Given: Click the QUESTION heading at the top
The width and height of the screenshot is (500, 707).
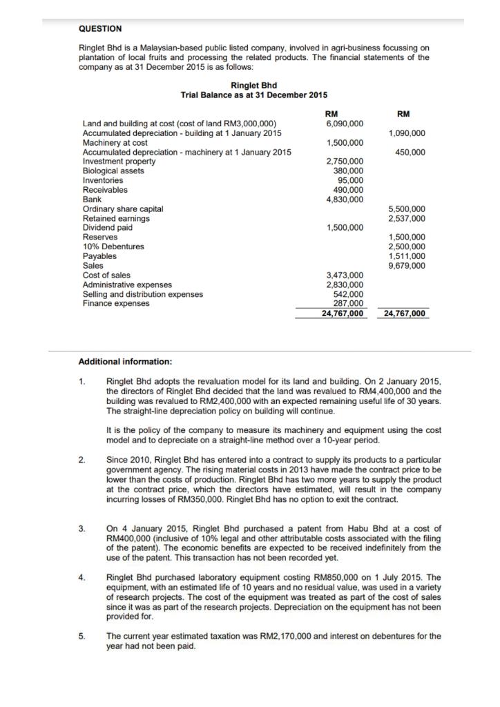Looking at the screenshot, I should click(x=100, y=28).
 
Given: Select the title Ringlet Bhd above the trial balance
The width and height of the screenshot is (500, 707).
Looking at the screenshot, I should click(x=253, y=85).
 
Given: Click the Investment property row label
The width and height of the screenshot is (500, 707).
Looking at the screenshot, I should click(x=119, y=162).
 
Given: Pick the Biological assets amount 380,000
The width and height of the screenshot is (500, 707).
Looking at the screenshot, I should click(x=349, y=171).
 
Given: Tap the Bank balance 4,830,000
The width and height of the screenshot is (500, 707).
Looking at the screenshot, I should click(x=345, y=200).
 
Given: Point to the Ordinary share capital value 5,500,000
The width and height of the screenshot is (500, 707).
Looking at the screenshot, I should click(x=407, y=209).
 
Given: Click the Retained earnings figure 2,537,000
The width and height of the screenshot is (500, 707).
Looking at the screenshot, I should click(x=407, y=218).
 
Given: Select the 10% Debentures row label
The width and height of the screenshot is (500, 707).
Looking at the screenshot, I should click(x=113, y=246).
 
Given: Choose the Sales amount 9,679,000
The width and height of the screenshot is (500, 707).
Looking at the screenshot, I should click(x=407, y=265).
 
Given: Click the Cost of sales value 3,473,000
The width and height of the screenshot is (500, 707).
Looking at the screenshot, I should click(x=345, y=275).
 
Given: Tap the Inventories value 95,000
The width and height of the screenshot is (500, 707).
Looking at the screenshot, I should click(x=351, y=180).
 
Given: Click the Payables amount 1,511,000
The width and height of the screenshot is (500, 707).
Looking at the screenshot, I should click(x=407, y=256).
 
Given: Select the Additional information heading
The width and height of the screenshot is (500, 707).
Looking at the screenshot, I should click(x=126, y=361).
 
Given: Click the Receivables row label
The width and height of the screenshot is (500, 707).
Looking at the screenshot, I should click(x=105, y=190).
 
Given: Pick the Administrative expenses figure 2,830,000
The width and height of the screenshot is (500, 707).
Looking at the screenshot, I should click(x=345, y=284).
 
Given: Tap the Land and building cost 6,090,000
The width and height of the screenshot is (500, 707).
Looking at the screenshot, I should click(x=345, y=124).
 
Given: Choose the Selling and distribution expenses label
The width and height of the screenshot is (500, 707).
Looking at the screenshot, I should click(x=143, y=294).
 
